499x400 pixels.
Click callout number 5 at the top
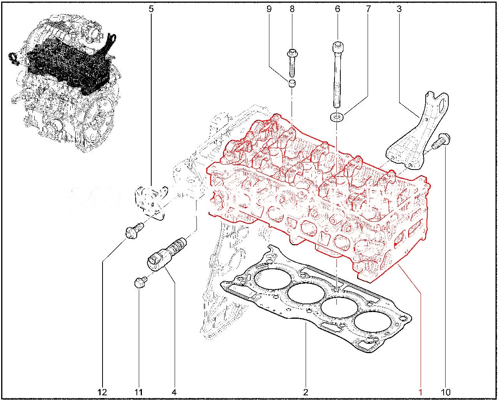[x=151, y=9]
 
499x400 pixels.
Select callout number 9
[x=269, y=9]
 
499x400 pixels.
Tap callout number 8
[x=292, y=9]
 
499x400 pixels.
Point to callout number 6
[x=337, y=9]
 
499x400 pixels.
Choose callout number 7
[x=368, y=9]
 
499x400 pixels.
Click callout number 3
[x=399, y=9]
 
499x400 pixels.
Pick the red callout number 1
[x=420, y=392]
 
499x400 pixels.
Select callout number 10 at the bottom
[x=445, y=392]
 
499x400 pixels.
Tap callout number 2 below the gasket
[x=306, y=392]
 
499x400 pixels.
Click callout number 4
[x=174, y=392]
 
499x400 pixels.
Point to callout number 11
[x=138, y=392]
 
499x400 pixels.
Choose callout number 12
[x=102, y=392]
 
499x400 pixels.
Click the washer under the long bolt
[x=337, y=117]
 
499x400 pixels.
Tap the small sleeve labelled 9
[x=292, y=84]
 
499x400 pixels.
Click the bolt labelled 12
[x=134, y=230]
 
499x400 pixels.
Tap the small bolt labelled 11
[x=140, y=282]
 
